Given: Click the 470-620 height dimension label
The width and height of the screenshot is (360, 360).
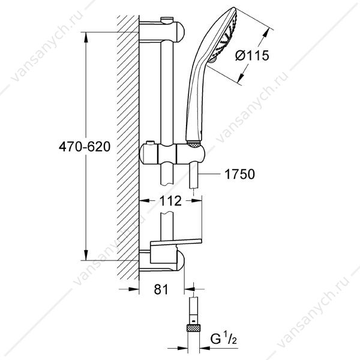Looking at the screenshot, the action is click(x=85, y=146).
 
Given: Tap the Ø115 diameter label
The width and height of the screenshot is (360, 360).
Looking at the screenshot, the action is click(x=252, y=56).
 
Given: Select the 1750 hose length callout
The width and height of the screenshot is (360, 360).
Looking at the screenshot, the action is click(x=239, y=174).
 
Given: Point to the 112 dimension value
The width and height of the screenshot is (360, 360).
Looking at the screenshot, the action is click(x=170, y=201).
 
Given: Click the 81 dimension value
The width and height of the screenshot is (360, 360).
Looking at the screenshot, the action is click(x=161, y=289).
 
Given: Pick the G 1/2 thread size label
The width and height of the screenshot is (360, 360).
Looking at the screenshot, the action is click(x=223, y=339).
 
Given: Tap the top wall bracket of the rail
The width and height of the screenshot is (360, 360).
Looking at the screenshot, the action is click(x=161, y=31).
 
